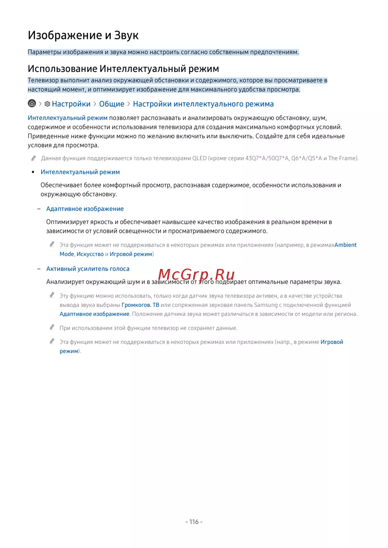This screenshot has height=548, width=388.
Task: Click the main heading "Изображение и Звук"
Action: click(x=83, y=35)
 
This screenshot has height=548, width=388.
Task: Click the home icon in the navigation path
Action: click(x=32, y=103)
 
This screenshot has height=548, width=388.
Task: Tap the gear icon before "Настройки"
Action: click(x=47, y=104)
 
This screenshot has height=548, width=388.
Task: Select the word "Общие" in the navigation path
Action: click(x=112, y=104)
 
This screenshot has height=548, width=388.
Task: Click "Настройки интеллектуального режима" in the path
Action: click(x=203, y=104)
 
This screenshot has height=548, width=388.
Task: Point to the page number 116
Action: click(x=194, y=522)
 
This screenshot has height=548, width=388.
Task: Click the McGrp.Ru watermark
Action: click(x=196, y=275)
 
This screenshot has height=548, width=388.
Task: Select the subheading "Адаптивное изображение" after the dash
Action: click(x=85, y=209)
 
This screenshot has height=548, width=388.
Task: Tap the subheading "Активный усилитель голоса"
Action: click(x=88, y=269)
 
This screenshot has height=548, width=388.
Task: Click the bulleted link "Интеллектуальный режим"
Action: click(x=80, y=172)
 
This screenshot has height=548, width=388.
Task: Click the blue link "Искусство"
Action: click(x=90, y=254)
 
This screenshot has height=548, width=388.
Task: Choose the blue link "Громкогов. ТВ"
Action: click(x=140, y=305)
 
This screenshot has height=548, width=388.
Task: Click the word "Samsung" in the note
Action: click(x=266, y=305)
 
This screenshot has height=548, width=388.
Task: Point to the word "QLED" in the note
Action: click(x=199, y=158)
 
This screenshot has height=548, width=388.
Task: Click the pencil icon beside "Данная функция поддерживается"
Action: click(x=34, y=158)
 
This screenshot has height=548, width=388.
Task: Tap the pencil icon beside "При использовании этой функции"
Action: click(x=52, y=327)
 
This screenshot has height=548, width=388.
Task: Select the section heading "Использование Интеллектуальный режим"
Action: click(x=123, y=69)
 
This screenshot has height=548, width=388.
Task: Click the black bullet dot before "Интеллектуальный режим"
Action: click(x=33, y=172)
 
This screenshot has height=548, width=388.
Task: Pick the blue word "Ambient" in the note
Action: click(x=345, y=245)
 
